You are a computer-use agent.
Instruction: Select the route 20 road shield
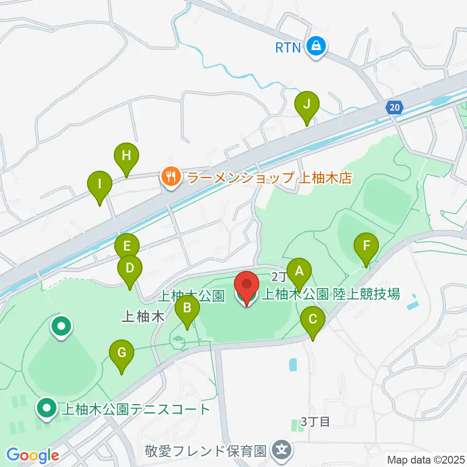pyautogui.click(x=395, y=107)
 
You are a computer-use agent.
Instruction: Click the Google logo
pyautogui.click(x=33, y=456)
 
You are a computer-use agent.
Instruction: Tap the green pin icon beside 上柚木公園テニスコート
pyautogui.click(x=47, y=409)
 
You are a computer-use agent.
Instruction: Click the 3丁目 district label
pyautogui.click(x=315, y=421)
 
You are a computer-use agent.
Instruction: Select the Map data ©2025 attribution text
pyautogui.click(x=426, y=459)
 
